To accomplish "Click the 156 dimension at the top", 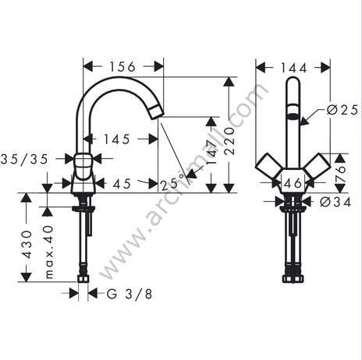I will point(122,66).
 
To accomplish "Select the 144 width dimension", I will point(293,67).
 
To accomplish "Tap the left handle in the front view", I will point(268,165).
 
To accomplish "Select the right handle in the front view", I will point(317,165).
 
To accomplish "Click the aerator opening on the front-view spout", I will point(293,118).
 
